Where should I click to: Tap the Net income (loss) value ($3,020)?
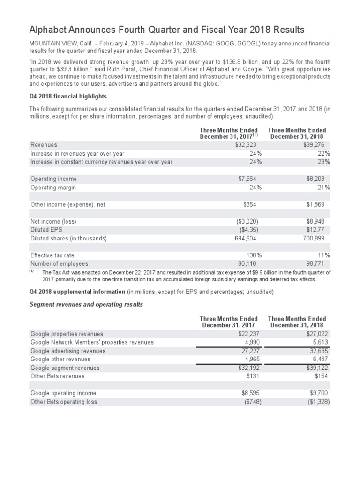pyautogui.click(x=246, y=221)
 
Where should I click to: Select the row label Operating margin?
pyautogui.click(x=53, y=187)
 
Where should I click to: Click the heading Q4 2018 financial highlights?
pyautogui.click(x=68, y=97)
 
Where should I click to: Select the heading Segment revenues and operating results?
pyautogui.click(x=86, y=305)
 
